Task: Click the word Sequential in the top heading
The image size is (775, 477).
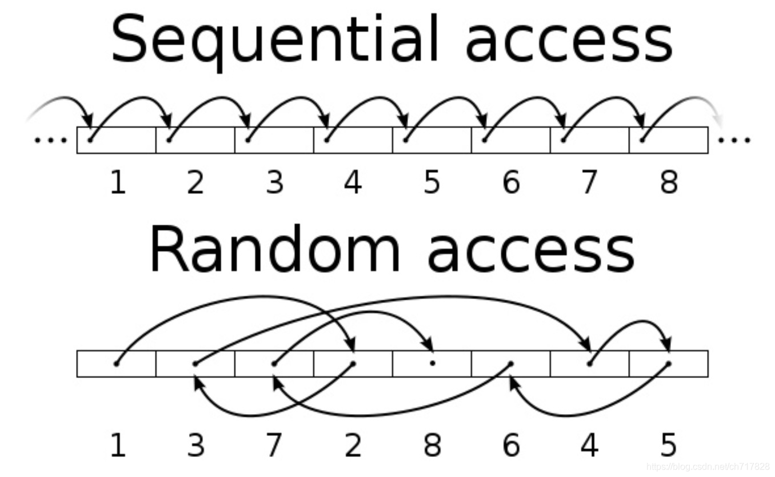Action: coord(275,39)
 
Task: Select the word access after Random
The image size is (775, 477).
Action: coord(531,252)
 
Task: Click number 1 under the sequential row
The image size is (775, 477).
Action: coord(117,182)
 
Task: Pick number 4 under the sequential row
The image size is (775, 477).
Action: coord(353,182)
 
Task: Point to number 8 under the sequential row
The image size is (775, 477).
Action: coord(668,182)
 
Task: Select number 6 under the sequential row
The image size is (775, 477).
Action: coord(510,182)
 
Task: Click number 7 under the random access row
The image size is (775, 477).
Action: coord(274,446)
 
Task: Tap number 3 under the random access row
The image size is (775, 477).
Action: coord(195,446)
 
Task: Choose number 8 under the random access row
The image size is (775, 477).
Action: coord(432,446)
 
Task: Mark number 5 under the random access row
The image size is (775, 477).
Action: coord(668,446)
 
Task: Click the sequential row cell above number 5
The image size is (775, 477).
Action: coord(432,141)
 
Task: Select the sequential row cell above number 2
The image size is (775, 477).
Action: coord(195,141)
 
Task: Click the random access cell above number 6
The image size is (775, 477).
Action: coord(510,364)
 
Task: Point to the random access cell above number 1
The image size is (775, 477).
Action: coord(117,364)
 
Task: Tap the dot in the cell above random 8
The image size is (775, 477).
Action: coord(432,363)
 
